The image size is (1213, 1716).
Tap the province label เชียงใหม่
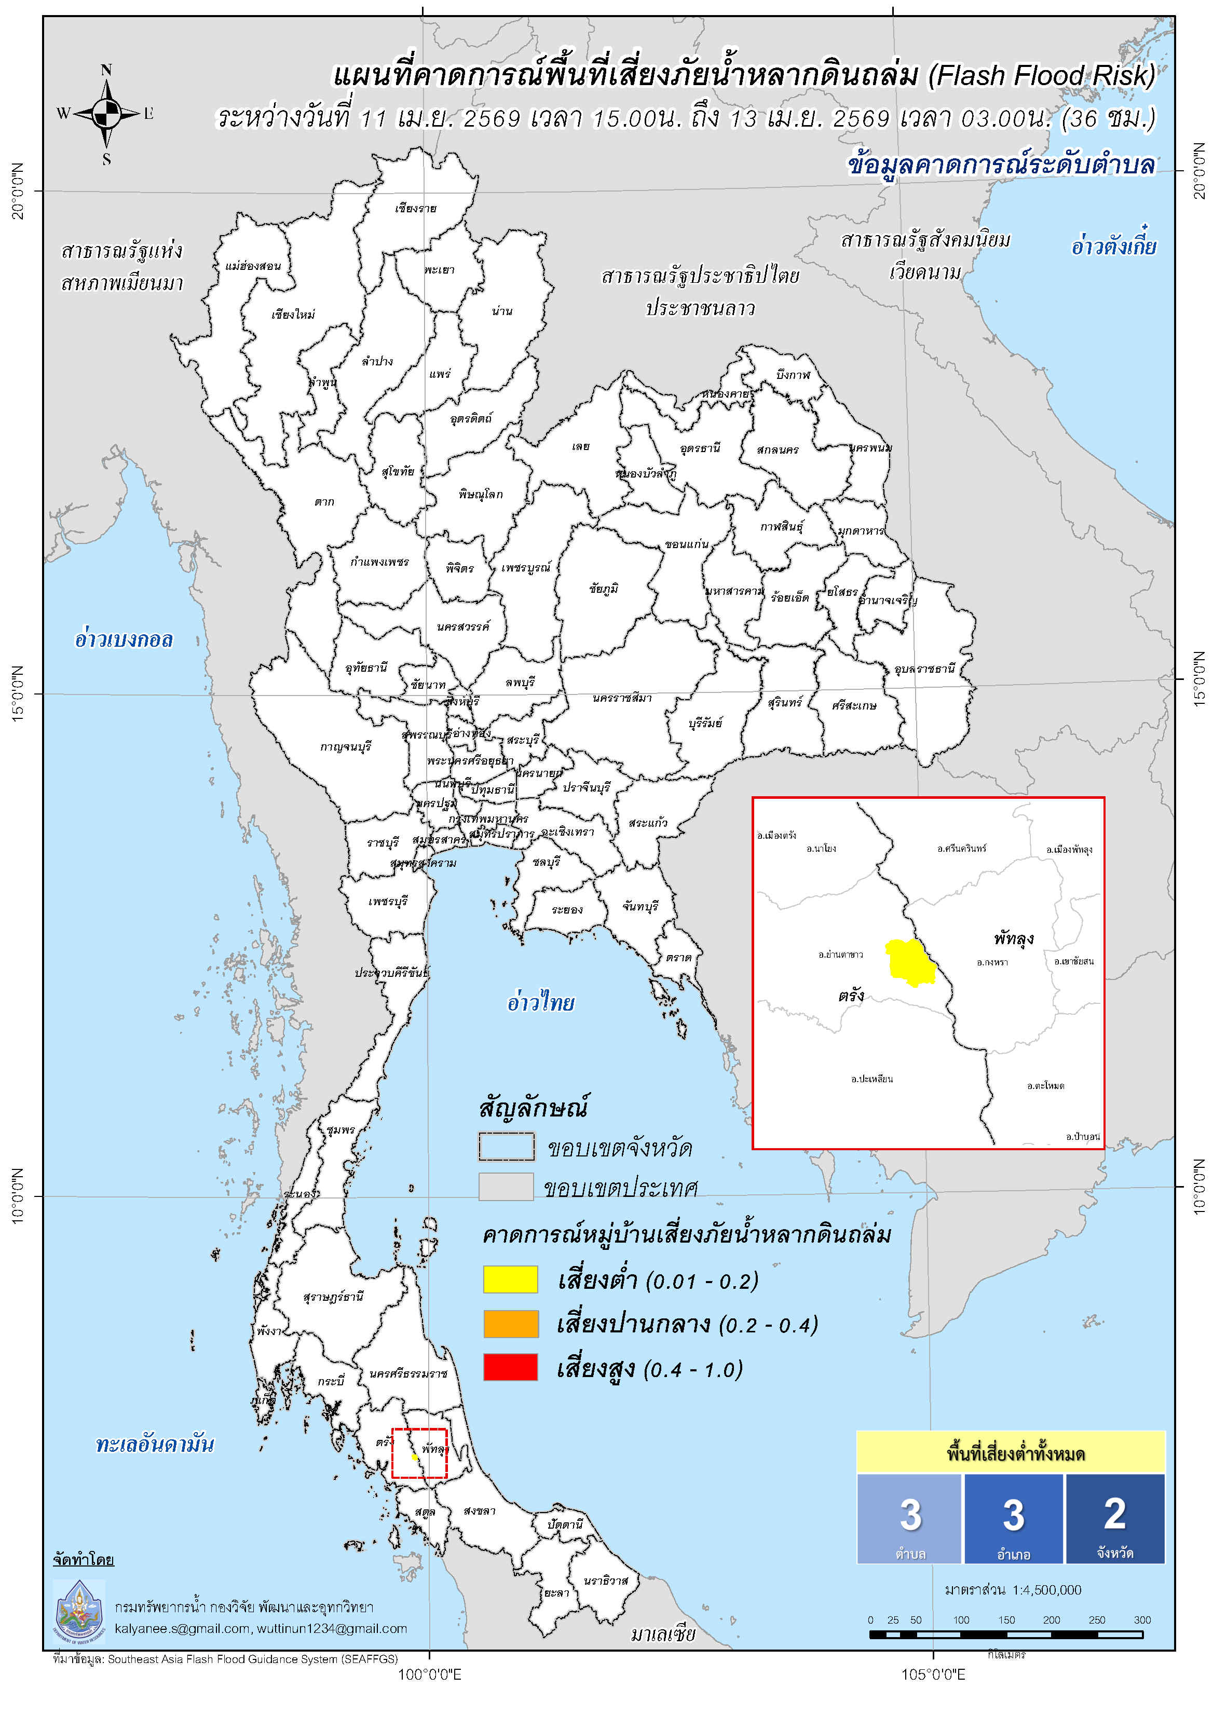pos(293,315)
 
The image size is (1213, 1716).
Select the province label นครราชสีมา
pos(622,698)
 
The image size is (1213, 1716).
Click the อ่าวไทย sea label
pos(540,1003)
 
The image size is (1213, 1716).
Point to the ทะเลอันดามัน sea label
pos(155,1444)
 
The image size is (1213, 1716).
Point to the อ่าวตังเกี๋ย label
pos(1113,246)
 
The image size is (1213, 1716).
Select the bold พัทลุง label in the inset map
pos(1014,939)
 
